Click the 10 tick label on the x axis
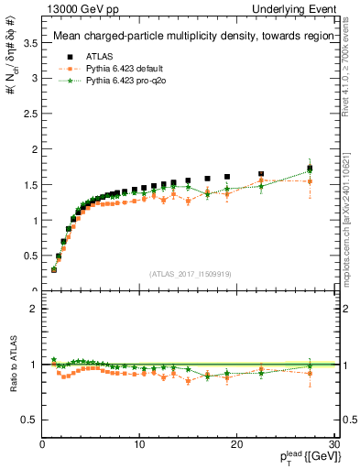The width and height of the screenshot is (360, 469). pos(139,444)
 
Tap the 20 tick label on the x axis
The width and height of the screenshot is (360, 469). pos(236,444)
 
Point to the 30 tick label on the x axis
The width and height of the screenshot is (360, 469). pos(333,444)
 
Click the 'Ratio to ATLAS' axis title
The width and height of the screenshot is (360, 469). pos(12,365)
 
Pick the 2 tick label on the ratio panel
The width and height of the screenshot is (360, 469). pos(34,309)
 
